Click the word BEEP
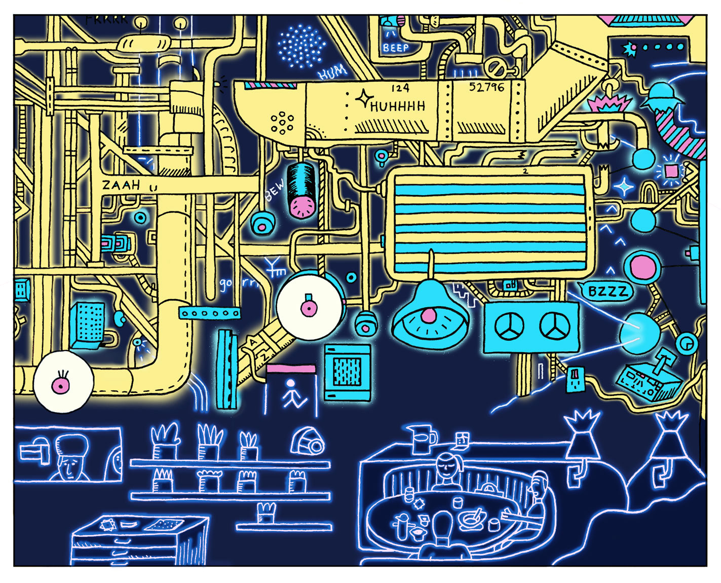[x=395, y=48]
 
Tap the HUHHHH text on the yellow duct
[x=398, y=106]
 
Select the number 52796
[x=486, y=87]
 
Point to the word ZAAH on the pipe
[x=122, y=185]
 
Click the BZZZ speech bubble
[x=608, y=291]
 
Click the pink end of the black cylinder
[x=303, y=205]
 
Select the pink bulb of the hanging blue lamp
[x=429, y=315]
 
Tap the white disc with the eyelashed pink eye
[x=63, y=381]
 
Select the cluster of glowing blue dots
[x=301, y=46]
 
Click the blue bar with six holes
[x=209, y=313]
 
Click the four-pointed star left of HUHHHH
[x=363, y=99]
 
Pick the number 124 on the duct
[x=400, y=88]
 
